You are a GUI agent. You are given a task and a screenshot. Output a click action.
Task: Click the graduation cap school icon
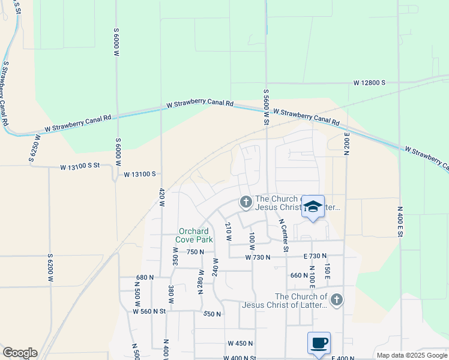(313, 207)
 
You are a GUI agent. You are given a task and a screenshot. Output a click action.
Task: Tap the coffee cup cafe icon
(319, 343)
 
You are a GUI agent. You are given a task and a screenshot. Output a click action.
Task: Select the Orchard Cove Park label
(193, 235)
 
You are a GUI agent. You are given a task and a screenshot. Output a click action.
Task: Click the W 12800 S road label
(369, 82)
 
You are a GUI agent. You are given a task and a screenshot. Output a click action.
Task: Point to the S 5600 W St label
(265, 107)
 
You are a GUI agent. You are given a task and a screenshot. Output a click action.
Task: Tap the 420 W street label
(161, 197)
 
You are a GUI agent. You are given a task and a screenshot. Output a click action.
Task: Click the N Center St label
(283, 234)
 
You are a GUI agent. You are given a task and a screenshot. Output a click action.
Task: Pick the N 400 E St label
(400, 221)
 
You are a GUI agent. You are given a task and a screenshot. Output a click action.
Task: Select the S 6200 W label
(50, 268)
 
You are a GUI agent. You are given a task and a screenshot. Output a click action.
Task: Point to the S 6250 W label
(33, 148)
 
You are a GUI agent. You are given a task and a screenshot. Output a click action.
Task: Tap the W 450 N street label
(240, 343)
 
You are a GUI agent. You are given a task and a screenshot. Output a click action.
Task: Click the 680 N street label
(145, 277)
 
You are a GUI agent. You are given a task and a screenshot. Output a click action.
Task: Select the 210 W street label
(228, 232)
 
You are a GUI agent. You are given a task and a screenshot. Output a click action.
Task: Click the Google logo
(19, 353)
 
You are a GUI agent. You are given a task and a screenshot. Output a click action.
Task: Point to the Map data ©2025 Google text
(411, 355)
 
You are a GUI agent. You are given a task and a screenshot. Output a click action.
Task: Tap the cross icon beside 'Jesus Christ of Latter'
(336, 300)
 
